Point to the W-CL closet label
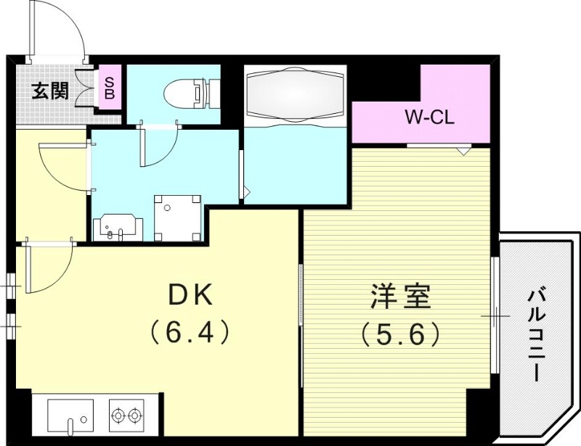click(429, 118)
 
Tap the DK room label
click(190, 296)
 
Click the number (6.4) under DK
click(190, 333)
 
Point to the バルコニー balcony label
click(537, 334)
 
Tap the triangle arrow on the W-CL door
click(461, 151)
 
